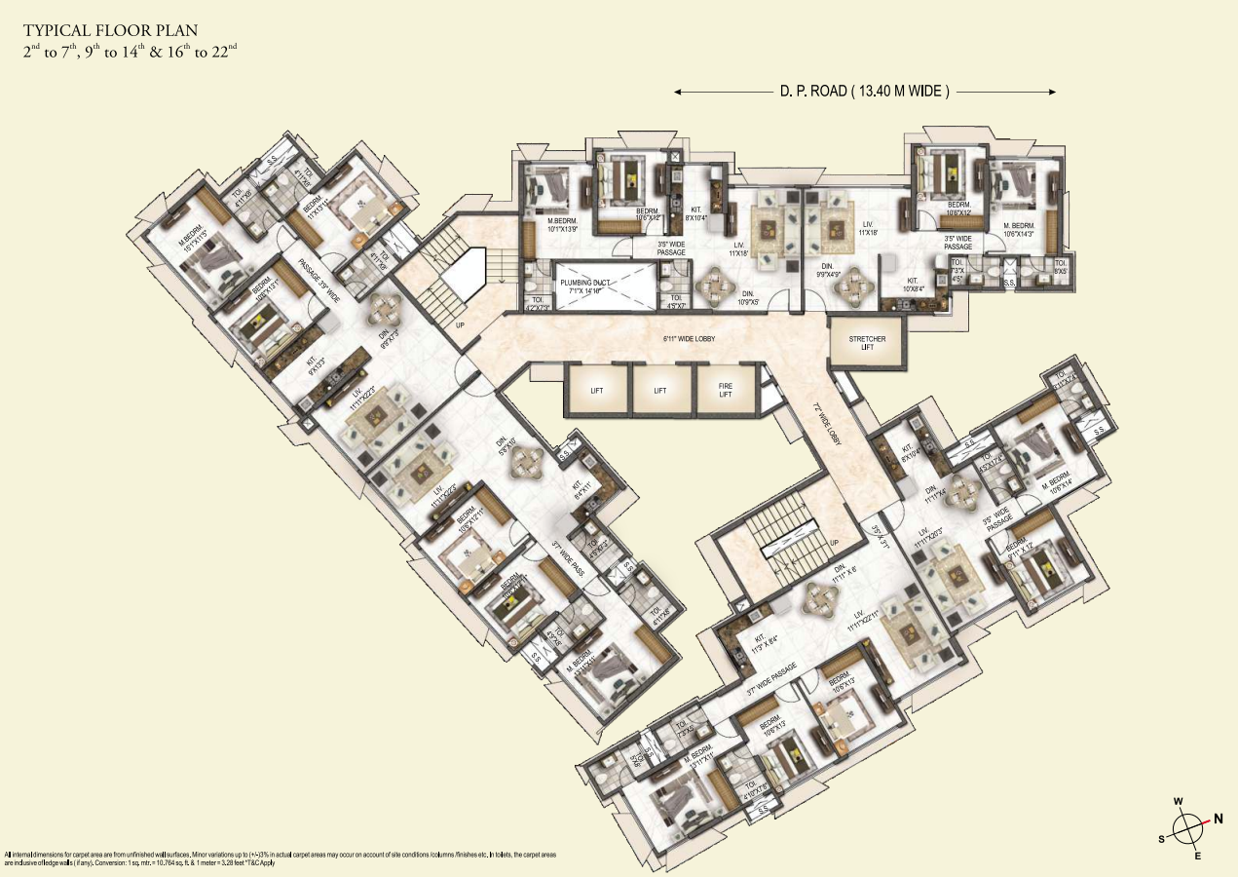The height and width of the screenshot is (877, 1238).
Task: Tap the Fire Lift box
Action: [x=725, y=390]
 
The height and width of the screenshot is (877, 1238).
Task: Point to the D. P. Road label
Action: [x=864, y=92]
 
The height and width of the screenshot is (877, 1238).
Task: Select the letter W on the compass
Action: [x=1178, y=802]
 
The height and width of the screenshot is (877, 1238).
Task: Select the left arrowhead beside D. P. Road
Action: [x=678, y=92]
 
